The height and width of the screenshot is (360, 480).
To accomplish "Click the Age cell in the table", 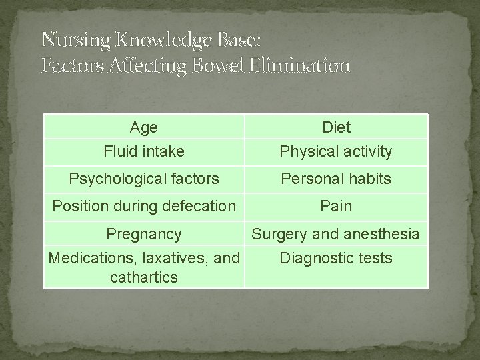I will tap(144, 127).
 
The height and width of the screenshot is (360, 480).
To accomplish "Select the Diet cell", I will tap(336, 127).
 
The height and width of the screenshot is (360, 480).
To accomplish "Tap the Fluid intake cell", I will tap(144, 151).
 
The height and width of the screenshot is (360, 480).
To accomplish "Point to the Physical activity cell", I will tap(336, 151).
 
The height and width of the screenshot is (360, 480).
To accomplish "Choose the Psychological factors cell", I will tap(144, 179).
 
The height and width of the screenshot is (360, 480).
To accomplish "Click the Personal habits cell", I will tap(336, 179).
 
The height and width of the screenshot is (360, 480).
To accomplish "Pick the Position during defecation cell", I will tap(144, 206).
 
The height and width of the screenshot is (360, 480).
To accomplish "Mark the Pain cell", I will tap(336, 206).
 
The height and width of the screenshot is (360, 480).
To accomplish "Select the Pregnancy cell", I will tap(144, 234).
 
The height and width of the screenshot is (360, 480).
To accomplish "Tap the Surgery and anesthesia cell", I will tap(336, 234).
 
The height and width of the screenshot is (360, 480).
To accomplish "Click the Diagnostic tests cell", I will tap(336, 258).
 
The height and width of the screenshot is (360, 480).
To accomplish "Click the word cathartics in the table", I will tap(144, 277).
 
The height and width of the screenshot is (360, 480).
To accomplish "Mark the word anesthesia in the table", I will tap(379, 234).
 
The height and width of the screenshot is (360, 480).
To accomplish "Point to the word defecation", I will tap(197, 206).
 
